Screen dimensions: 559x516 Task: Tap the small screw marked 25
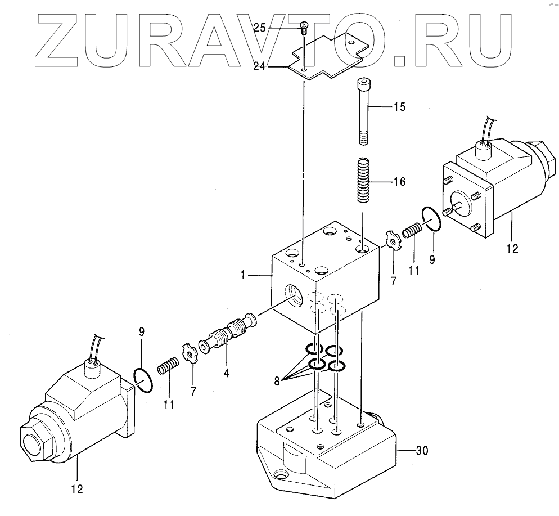tap(304, 25)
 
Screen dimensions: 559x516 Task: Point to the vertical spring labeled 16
tap(363, 180)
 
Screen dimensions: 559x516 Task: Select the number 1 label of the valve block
tap(242, 275)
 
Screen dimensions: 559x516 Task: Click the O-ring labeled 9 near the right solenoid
tap(431, 218)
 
